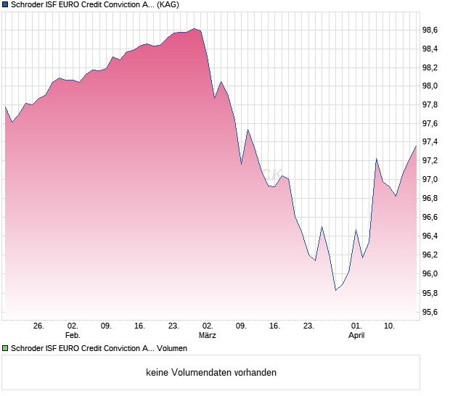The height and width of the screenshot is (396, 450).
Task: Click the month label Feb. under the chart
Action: tap(72, 336)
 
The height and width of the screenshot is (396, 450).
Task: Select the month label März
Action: tap(208, 336)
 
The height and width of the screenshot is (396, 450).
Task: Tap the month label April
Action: tap(356, 336)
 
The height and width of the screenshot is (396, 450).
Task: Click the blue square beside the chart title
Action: tap(5, 4)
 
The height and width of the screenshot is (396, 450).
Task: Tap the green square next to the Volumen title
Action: tap(5, 348)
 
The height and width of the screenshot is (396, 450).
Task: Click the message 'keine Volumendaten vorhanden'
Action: tap(211, 373)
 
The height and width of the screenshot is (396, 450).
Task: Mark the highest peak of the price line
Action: tap(193, 28)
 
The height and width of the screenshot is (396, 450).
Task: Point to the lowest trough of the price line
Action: tap(335, 290)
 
